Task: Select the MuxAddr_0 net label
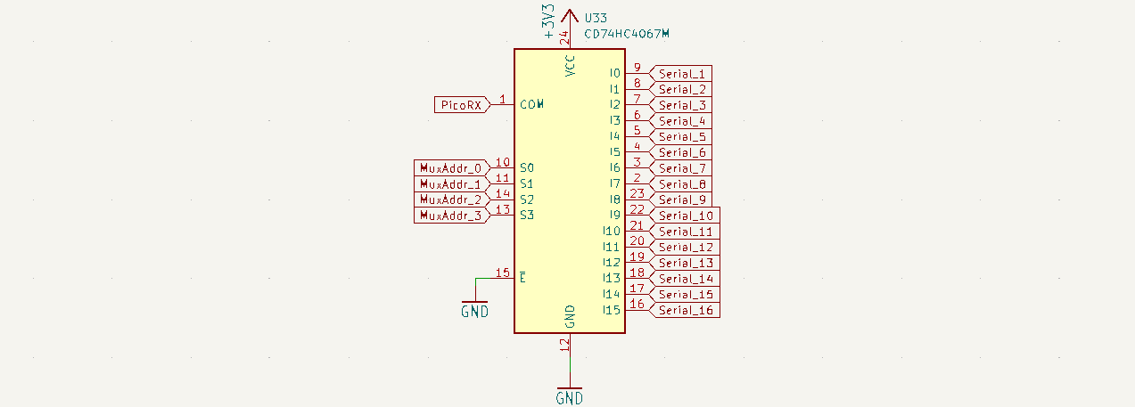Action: click(x=451, y=168)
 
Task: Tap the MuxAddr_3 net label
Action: click(x=451, y=216)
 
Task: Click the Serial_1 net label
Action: click(x=682, y=74)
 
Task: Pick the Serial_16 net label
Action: click(x=686, y=310)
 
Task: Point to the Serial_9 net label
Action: click(x=682, y=199)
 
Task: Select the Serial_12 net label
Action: click(x=686, y=247)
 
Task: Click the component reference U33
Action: click(x=596, y=17)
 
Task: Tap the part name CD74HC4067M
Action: click(x=626, y=34)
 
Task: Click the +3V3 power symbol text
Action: click(x=550, y=21)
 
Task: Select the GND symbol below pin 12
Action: click(x=570, y=396)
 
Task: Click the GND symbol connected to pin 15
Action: click(x=474, y=311)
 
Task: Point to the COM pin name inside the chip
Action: click(x=531, y=105)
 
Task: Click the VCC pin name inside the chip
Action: click(x=571, y=66)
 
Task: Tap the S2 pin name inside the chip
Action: click(x=527, y=199)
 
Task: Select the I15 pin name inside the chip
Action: click(x=611, y=310)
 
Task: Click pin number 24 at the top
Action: click(x=563, y=37)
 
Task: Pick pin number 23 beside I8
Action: click(x=637, y=193)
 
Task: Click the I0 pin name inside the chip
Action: click(x=613, y=74)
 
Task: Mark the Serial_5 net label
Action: click(x=682, y=137)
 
